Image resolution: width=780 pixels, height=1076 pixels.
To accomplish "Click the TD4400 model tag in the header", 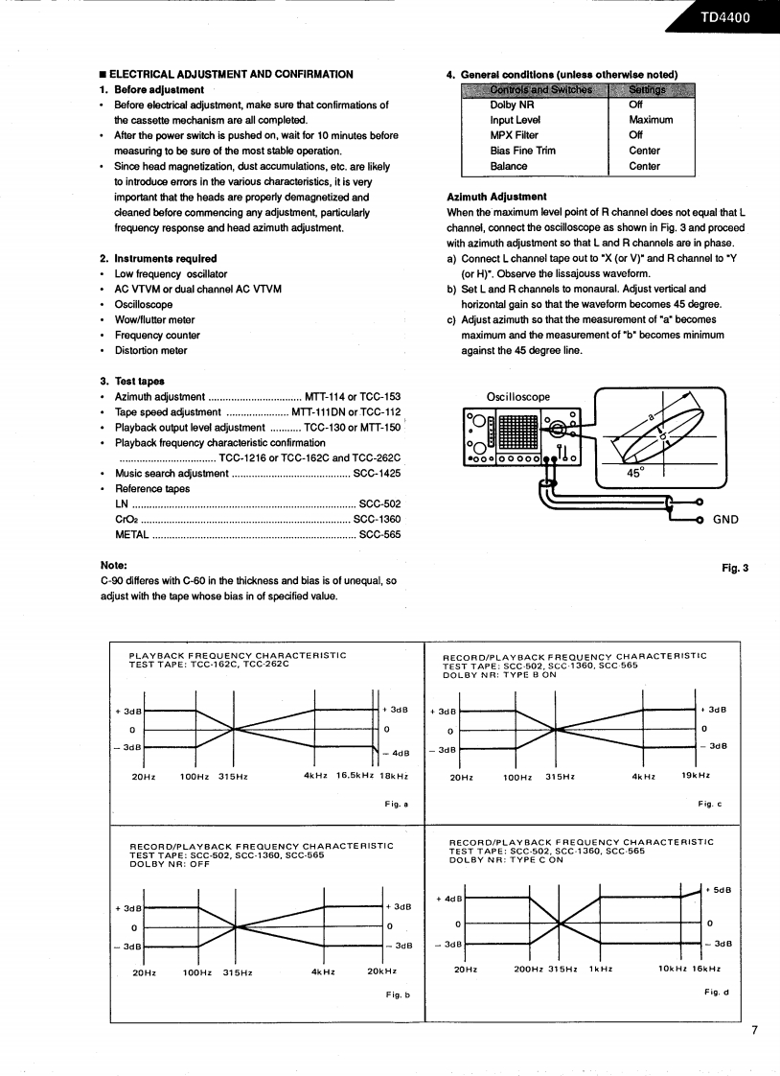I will point(724,16).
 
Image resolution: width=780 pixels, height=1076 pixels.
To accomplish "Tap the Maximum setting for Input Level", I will point(651,120).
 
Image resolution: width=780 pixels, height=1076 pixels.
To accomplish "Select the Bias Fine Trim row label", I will point(522,151).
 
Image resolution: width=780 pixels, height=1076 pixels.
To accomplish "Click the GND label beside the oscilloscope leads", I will point(725,520).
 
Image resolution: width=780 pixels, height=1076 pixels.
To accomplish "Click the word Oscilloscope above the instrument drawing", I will point(518,397).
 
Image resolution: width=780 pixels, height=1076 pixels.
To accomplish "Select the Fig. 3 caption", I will point(734,568).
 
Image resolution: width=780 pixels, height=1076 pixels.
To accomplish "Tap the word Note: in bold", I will point(113,565).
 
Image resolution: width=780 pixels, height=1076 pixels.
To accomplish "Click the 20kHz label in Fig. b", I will point(381,971).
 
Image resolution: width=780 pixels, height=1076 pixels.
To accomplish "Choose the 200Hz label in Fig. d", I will point(529,969).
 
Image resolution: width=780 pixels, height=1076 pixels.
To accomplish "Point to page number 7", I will point(754,1031).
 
